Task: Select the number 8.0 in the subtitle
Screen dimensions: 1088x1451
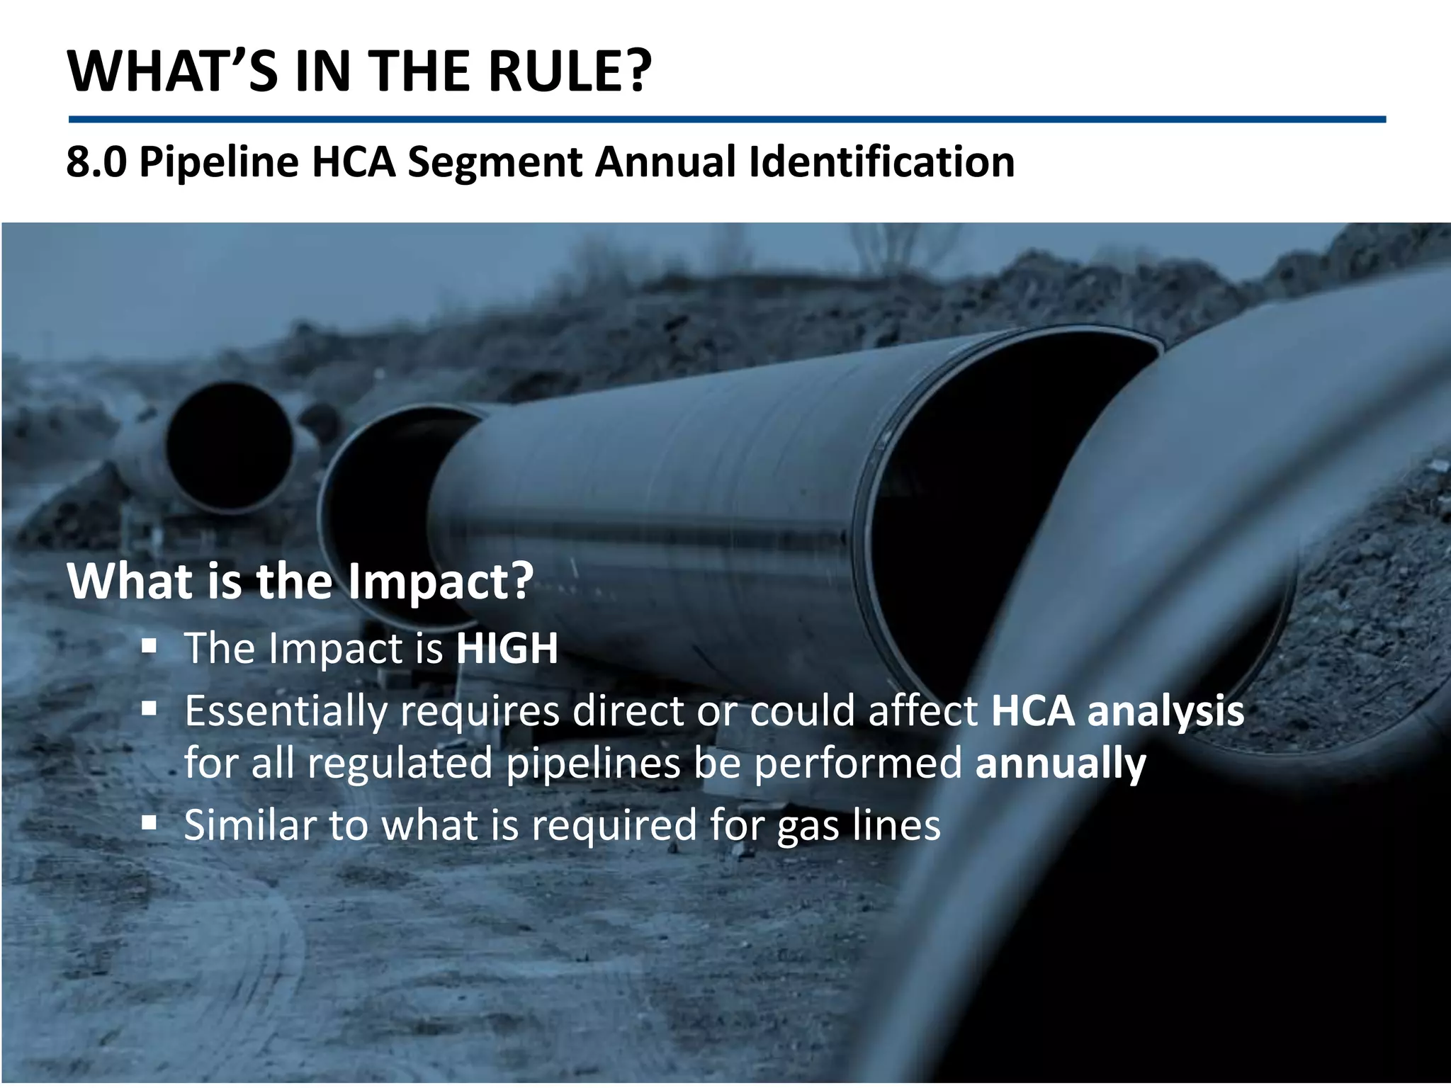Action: [96, 161]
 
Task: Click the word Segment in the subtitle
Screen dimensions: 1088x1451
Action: [495, 161]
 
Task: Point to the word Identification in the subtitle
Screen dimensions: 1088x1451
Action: [881, 161]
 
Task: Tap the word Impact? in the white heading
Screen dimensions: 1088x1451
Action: [439, 582]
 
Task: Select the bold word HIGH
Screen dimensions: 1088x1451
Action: [507, 648]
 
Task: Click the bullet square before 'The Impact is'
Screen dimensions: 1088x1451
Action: [149, 646]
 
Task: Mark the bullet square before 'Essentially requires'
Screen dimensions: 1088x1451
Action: [149, 708]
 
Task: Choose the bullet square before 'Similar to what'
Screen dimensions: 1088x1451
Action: [149, 822]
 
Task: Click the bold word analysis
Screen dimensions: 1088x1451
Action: [1165, 711]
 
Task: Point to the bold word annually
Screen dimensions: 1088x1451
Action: [1060, 764]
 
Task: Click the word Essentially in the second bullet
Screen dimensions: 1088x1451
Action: [286, 711]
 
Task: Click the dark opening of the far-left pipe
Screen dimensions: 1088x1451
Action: [229, 446]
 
